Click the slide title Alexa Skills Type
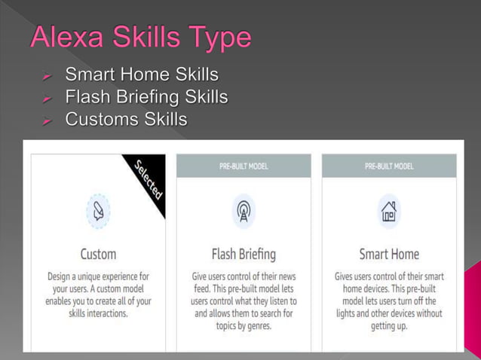pos(140,38)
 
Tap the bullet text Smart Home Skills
pos(142,75)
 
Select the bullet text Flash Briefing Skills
pos(146,98)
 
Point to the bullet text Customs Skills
pos(126,120)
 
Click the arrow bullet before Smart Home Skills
pos(47,76)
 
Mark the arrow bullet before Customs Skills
pos(47,121)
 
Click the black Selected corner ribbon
pos(147,181)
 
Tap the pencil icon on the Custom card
pos(98,212)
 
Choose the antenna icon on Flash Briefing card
pos(244,212)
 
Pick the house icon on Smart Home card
pos(389,212)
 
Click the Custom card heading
pos(98,254)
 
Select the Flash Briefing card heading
pos(244,254)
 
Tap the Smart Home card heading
pos(389,254)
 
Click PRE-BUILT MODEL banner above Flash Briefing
pos(244,166)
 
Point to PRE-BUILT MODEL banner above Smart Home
pos(389,166)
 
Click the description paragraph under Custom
pos(98,294)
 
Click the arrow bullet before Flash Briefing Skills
pos(47,99)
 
